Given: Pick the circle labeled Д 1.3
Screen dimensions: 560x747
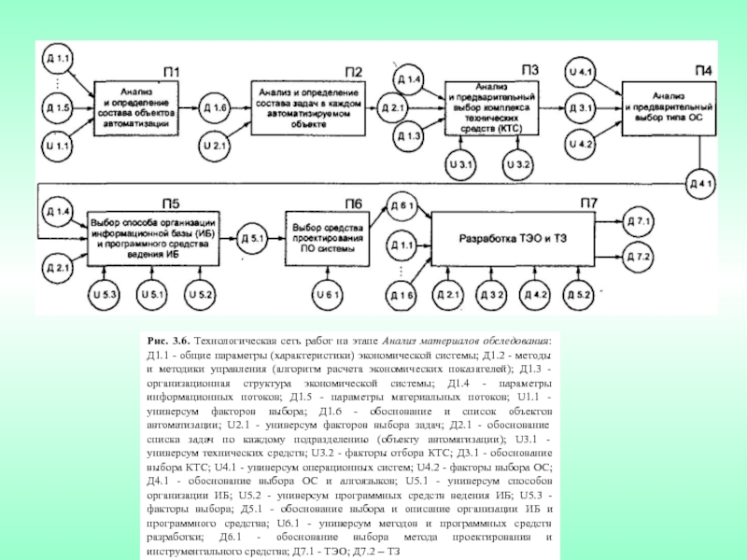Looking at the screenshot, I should point(408,137).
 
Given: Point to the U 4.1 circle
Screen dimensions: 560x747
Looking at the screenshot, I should point(580,71).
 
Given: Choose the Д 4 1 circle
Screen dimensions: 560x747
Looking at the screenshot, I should point(701,182).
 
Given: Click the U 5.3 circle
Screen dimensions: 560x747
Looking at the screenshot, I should point(106,295).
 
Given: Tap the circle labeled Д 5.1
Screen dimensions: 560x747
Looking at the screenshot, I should point(255,237).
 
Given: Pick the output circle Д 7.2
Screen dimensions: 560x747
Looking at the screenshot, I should point(642,255).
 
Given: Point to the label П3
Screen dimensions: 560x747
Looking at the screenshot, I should point(530,68).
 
